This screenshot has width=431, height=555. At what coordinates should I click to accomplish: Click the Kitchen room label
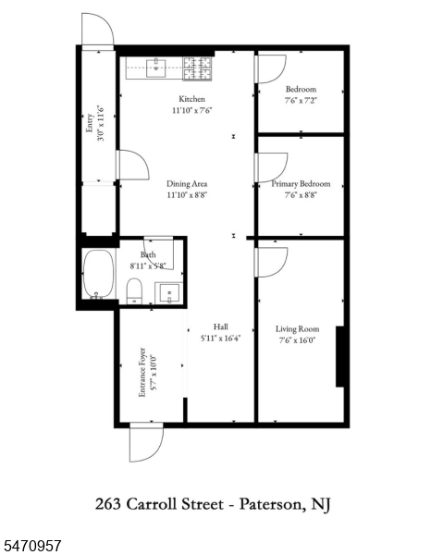191,99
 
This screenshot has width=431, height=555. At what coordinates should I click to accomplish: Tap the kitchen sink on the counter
156,68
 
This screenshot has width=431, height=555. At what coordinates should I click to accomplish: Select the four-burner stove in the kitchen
197,68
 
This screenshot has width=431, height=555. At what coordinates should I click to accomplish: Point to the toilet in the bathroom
134,291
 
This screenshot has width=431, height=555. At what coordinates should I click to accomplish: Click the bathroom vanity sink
169,293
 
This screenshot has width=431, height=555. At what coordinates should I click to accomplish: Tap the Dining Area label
187,184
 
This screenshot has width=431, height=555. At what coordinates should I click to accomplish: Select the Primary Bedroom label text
301,184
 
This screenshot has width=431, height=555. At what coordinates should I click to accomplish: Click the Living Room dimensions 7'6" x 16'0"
297,340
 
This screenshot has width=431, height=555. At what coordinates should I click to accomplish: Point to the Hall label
220,327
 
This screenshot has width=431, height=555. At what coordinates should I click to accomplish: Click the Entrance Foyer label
142,372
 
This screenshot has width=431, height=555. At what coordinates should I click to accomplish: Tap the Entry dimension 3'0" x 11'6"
101,122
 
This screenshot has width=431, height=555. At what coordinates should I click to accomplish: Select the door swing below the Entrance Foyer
146,442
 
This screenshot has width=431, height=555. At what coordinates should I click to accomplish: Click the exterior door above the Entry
98,30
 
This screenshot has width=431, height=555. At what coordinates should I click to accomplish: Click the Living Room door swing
271,262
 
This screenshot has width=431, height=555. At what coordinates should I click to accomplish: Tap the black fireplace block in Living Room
340,356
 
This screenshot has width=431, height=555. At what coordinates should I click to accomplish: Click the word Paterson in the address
270,504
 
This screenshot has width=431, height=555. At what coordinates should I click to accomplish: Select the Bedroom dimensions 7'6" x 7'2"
301,101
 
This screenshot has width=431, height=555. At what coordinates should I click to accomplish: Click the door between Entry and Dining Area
132,165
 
